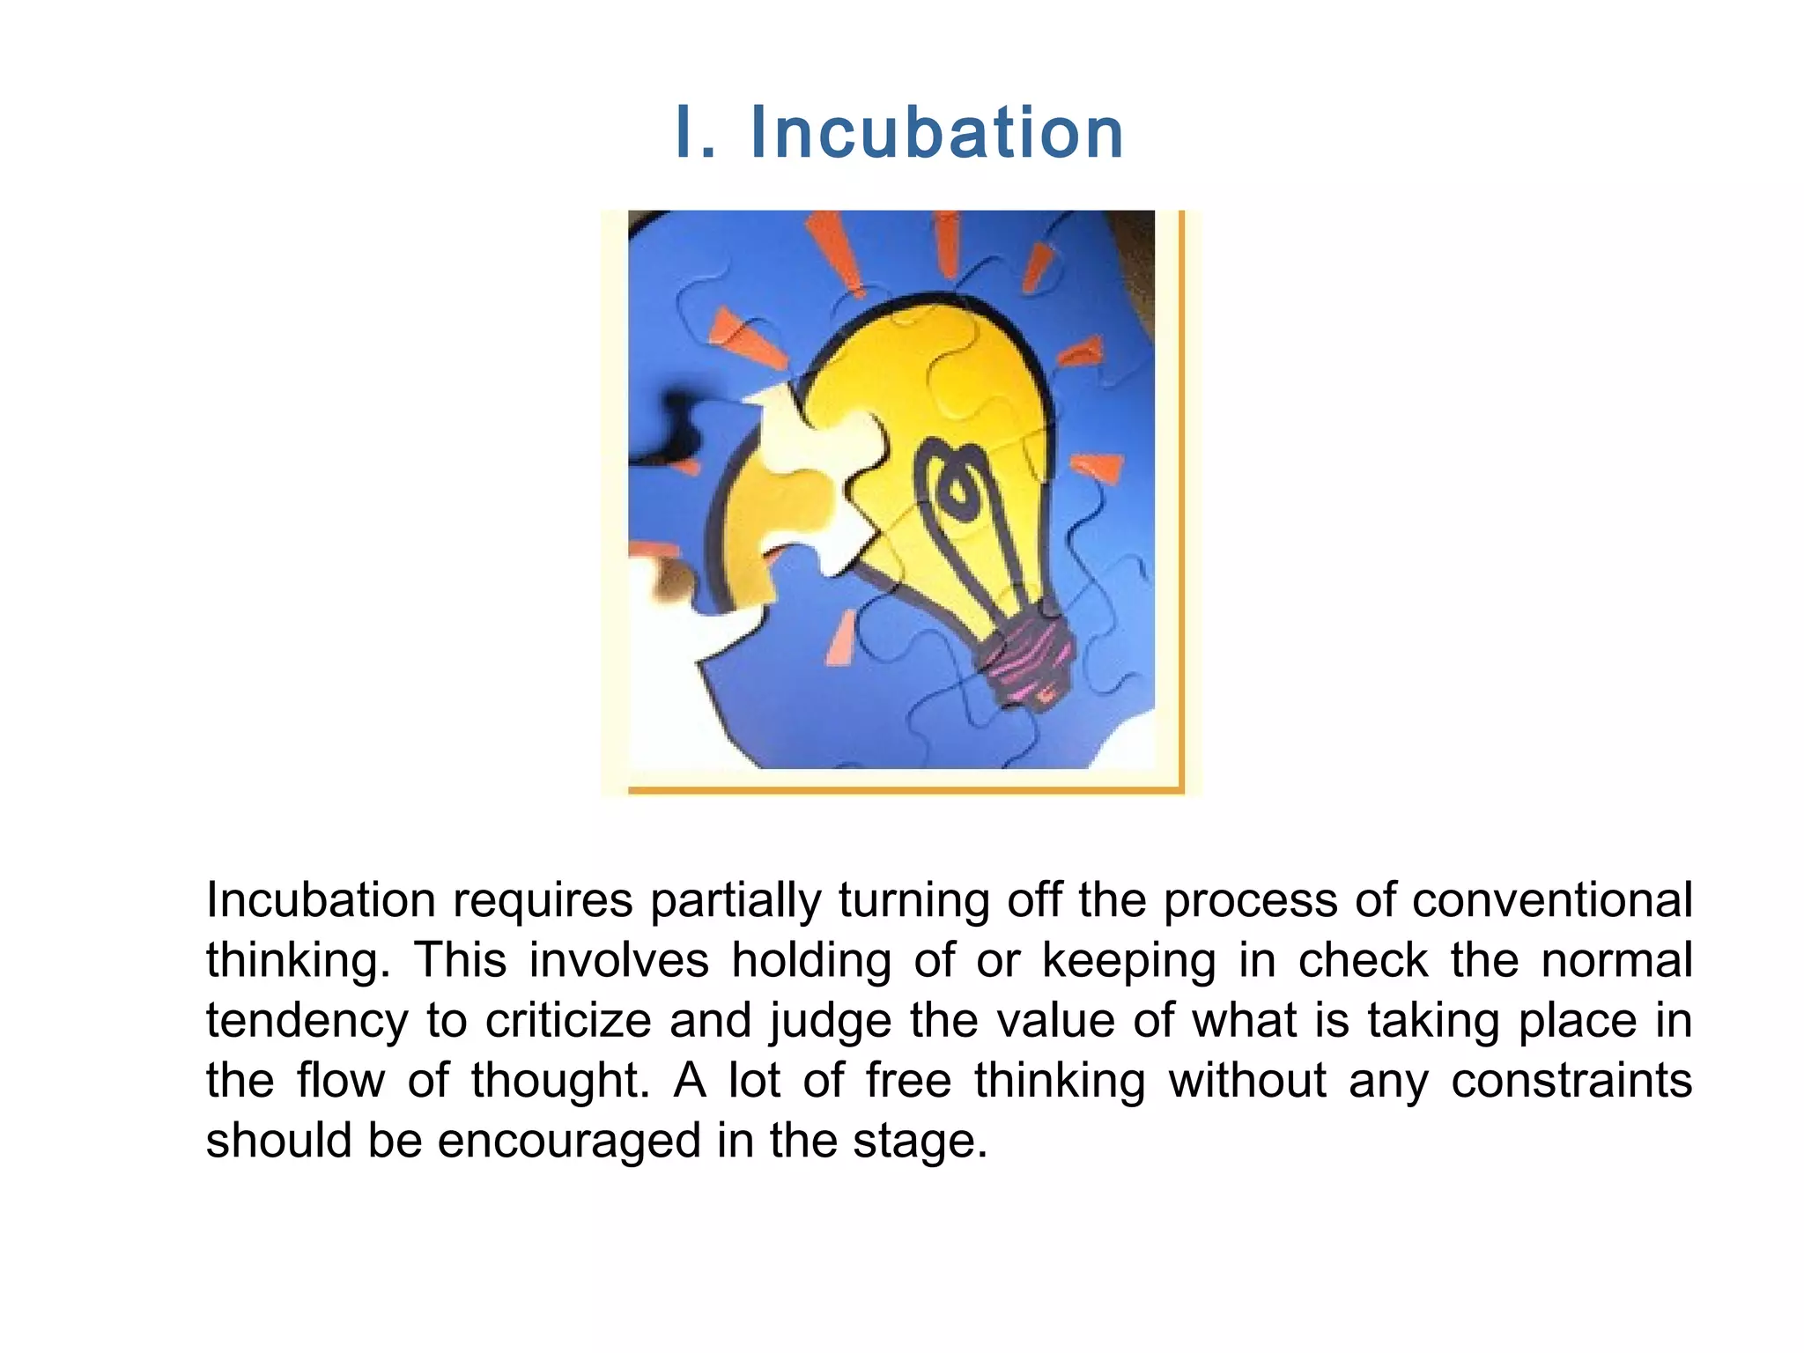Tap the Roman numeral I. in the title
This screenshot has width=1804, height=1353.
[x=696, y=133]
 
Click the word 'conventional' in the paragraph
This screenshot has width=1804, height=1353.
[x=1552, y=900]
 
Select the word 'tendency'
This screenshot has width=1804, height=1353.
[x=307, y=1022]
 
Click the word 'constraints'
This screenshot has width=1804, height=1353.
[x=1571, y=1081]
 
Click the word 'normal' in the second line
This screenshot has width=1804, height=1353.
[x=1617, y=960]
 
